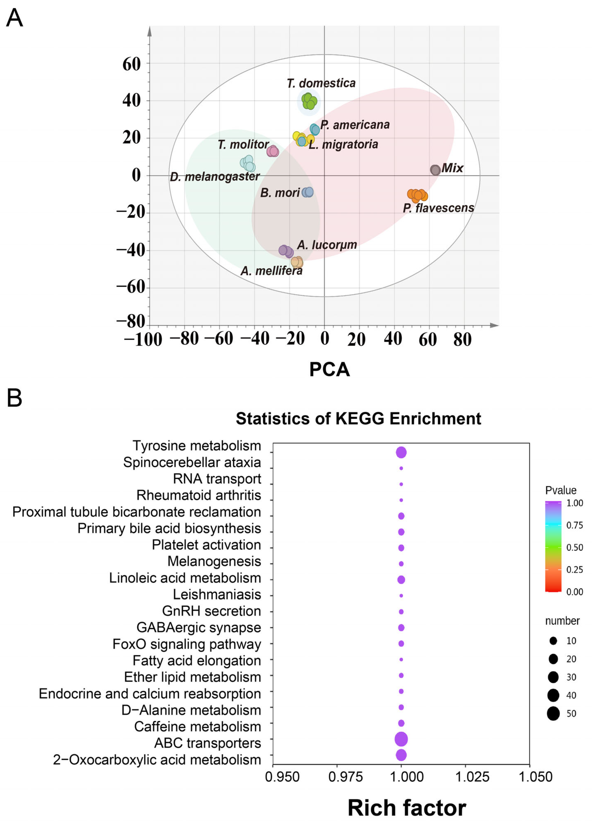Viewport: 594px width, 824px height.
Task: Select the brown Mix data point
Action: tap(435, 170)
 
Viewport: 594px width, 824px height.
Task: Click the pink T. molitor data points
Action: tap(273, 151)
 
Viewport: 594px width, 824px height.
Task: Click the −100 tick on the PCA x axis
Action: tap(143, 340)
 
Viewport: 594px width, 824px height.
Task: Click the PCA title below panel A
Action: tap(329, 370)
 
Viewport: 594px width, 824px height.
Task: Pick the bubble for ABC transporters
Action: tap(401, 739)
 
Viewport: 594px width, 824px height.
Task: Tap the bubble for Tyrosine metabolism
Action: tap(401, 452)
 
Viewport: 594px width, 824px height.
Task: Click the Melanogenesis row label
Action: tap(214, 561)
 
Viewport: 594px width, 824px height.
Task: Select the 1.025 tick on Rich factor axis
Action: tap(472, 777)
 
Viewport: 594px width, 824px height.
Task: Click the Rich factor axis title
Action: tap(407, 808)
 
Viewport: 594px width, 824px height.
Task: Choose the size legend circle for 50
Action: tap(553, 714)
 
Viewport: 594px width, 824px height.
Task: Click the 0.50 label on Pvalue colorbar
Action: tap(574, 547)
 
